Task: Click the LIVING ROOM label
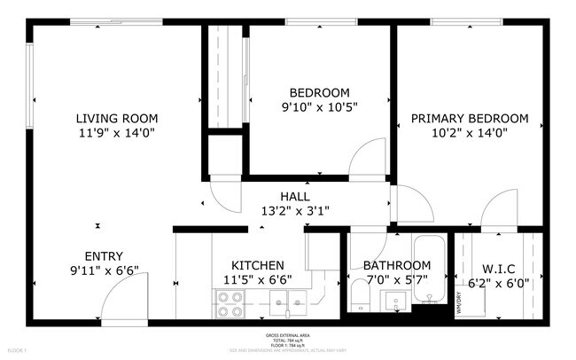tap(116, 118)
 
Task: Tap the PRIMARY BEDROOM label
tap(469, 118)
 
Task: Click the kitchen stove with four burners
tap(230, 305)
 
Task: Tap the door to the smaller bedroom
tap(367, 160)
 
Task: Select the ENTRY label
tap(104, 256)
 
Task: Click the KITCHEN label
tap(257, 265)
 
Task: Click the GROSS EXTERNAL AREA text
tap(288, 335)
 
